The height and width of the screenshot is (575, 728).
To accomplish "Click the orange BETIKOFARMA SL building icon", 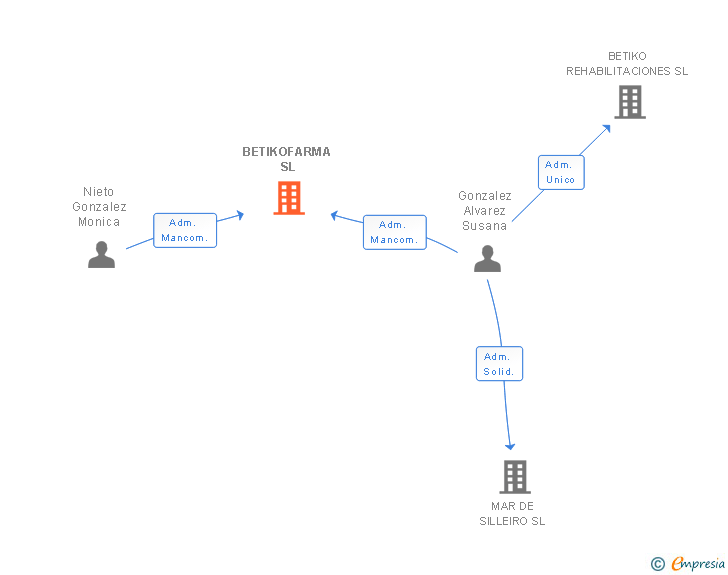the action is [x=289, y=198].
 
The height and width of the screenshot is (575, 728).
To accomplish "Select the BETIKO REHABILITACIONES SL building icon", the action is [x=630, y=102].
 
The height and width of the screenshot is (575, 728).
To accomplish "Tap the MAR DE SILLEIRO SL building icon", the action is [x=515, y=477].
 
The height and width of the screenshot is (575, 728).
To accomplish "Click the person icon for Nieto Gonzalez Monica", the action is [x=101, y=255].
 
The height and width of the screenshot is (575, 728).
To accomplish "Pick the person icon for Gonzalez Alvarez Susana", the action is [x=487, y=258].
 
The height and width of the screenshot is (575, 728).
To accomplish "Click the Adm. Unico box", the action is [x=561, y=172].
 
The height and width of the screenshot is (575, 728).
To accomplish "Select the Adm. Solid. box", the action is [x=499, y=364].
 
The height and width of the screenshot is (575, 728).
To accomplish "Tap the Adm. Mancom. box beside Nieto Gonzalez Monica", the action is [x=185, y=230].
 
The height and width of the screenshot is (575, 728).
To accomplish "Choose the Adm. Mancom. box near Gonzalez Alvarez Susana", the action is [x=395, y=232].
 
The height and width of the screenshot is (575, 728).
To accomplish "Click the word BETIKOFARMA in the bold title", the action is [x=286, y=152].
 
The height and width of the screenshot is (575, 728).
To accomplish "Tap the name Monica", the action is [x=99, y=222].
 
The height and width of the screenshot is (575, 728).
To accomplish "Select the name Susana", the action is [x=484, y=226].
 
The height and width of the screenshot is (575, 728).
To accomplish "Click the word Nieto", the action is [x=98, y=192].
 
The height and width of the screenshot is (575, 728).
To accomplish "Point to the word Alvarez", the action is [x=484, y=211].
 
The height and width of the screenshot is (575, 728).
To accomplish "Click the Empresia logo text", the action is [x=698, y=564].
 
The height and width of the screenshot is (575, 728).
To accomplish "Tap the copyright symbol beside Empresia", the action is [x=658, y=564].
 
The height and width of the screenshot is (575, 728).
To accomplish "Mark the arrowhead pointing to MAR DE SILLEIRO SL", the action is [x=510, y=447].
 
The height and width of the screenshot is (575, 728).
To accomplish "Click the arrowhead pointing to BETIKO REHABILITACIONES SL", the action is [x=606, y=128].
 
